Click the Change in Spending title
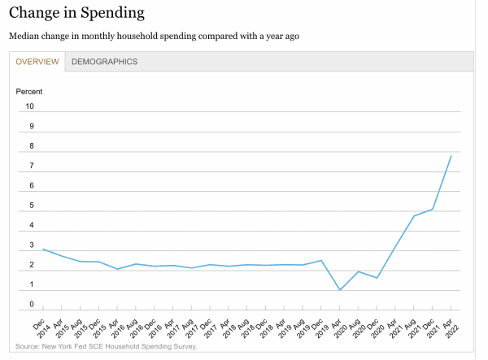pos(76,12)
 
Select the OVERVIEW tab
pos(37,62)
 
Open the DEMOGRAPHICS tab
pos(104,62)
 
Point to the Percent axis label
pos(29,91)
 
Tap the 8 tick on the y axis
pos(32,146)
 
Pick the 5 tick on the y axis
pos(32,206)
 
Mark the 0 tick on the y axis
pos(32,305)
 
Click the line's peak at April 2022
pos(451,155)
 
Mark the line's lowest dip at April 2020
pos(339,289)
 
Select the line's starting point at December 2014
pos(42,249)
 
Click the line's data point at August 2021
pos(414,215)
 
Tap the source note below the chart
pos(106,347)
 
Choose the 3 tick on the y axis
pos(32,245)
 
